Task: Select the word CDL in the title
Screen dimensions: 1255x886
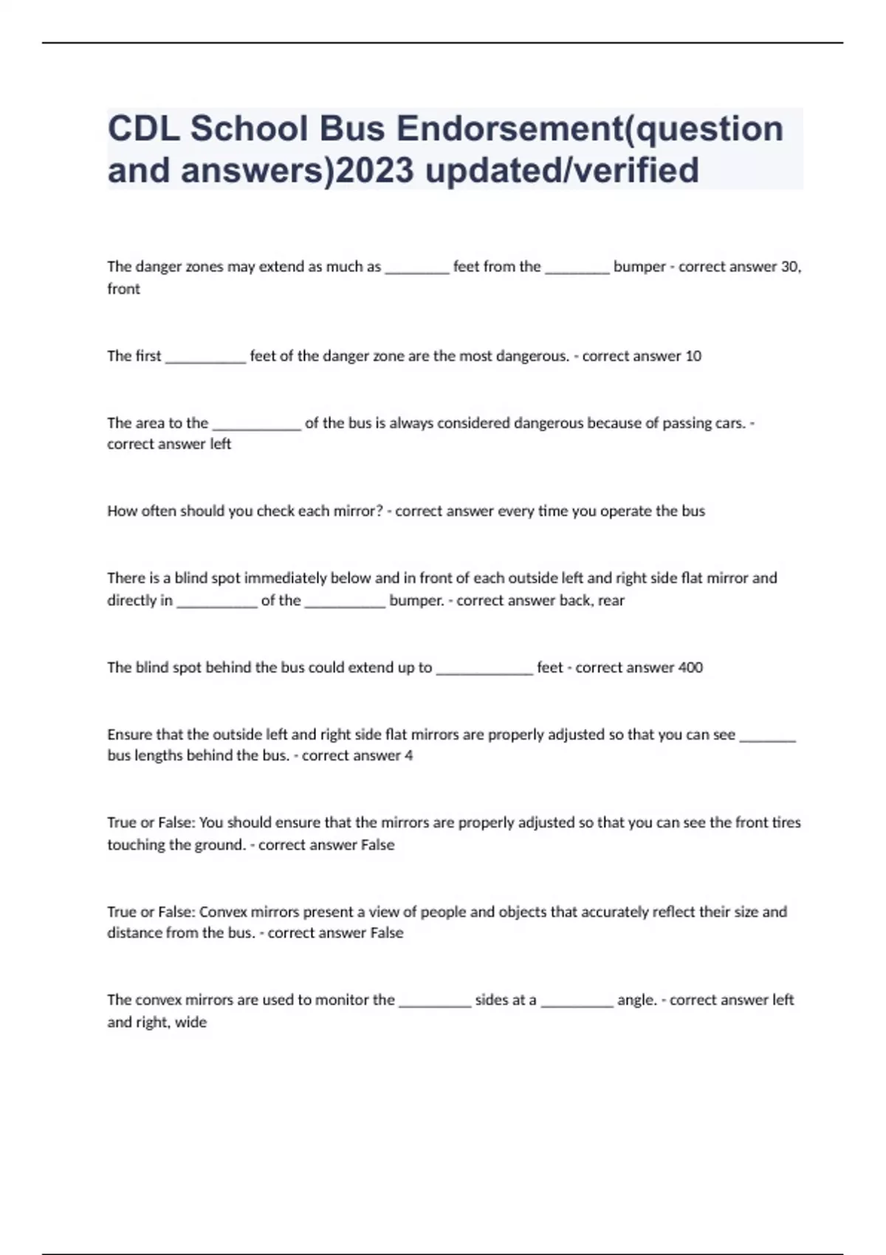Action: (144, 128)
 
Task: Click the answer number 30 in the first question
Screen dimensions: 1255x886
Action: (789, 267)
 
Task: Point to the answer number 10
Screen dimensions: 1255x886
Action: (693, 356)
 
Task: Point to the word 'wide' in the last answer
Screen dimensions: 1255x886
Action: (191, 1022)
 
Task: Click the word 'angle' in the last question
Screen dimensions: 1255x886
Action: (636, 1000)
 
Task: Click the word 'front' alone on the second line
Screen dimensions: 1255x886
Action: (123, 289)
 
